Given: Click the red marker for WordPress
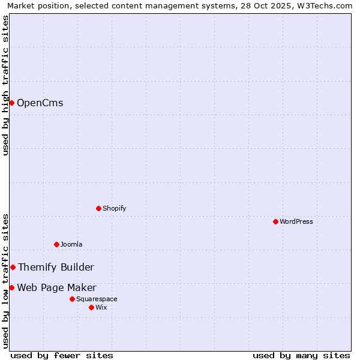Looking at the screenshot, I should point(275,221).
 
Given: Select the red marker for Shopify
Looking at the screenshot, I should point(98,208).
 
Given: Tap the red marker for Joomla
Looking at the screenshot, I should point(56,244).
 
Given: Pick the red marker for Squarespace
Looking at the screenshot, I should point(72,299).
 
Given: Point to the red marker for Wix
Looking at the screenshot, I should point(91,307).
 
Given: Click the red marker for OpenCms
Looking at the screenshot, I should point(11,103).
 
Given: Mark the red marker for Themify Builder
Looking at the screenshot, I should point(13,267).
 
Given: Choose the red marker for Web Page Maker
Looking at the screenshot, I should point(11,287).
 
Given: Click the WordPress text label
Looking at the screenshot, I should point(296,221).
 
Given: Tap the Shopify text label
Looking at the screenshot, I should point(114,208).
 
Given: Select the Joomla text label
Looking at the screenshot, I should point(71,244).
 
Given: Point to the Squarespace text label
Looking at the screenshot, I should point(97,299).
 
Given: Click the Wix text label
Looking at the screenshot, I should point(101,307).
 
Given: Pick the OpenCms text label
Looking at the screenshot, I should point(40,103).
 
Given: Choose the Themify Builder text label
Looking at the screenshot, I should point(56,267).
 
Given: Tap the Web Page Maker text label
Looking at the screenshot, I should point(56,287).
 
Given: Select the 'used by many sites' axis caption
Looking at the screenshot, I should point(301,355).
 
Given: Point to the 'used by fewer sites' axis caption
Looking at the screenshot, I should point(62,355).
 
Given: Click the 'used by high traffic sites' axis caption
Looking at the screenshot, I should point(5,85).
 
